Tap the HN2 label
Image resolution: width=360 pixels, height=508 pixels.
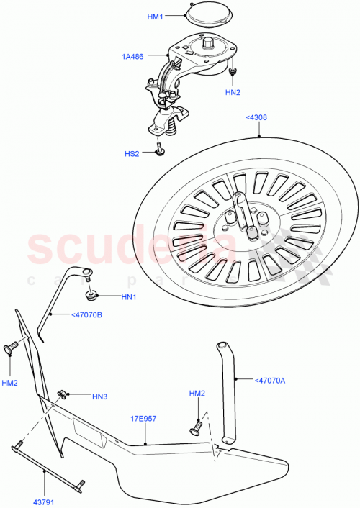(x=233, y=92)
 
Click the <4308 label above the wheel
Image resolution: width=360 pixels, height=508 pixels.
(x=256, y=120)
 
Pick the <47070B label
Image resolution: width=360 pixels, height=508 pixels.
(x=86, y=314)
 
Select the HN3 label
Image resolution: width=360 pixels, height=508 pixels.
(x=99, y=396)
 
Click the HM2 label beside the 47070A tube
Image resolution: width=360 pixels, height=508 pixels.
(x=197, y=394)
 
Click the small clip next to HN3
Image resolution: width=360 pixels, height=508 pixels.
(x=63, y=393)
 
